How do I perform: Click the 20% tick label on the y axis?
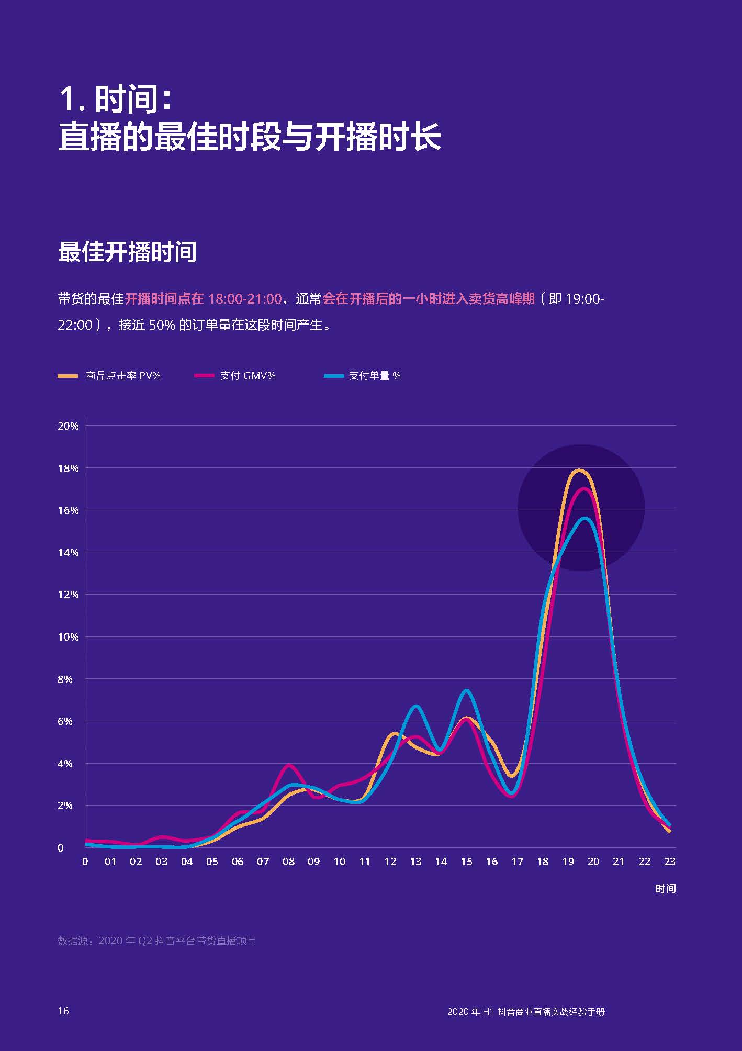tap(68, 426)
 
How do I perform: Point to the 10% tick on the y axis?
tap(68, 637)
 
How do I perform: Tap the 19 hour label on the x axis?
tap(568, 862)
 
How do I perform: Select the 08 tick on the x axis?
tap(288, 862)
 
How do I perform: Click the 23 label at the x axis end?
tap(669, 862)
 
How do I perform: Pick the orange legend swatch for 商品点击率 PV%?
tap(68, 376)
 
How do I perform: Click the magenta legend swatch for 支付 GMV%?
tap(204, 376)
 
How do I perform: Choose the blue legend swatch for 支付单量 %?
tap(333, 376)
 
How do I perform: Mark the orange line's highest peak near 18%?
tap(578, 470)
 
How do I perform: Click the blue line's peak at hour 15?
tap(466, 691)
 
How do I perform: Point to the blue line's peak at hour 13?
tap(416, 706)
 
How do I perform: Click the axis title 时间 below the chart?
tap(665, 889)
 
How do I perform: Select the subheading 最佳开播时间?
tap(127, 252)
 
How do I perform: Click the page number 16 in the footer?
tap(63, 1011)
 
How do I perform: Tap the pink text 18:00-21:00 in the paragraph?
tap(245, 299)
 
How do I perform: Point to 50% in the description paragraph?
tap(161, 325)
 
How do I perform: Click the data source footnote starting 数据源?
tap(157, 941)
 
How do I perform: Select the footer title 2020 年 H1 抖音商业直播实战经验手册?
tap(526, 1012)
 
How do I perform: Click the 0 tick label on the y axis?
tap(61, 848)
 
